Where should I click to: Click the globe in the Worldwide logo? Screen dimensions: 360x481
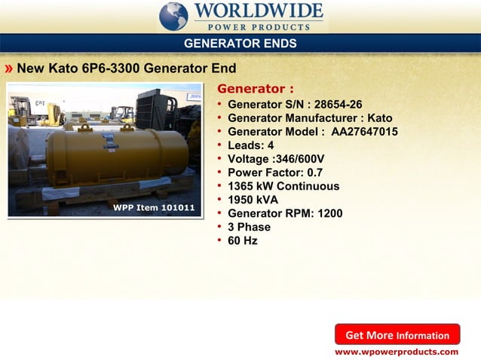coord(174,16)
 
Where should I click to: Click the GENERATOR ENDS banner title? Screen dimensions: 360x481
coord(240,44)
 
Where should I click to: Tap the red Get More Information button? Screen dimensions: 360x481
coord(397,335)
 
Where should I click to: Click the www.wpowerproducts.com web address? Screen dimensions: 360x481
coord(397,352)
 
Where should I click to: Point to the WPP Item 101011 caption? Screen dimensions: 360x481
coord(154,207)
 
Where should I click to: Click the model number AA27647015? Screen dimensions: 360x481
coord(365,132)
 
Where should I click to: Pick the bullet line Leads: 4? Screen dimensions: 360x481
coord(250,145)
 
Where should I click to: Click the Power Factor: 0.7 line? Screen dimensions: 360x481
coord(274,172)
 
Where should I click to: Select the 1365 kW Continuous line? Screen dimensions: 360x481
coord(283,186)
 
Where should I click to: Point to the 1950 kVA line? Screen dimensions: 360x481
coord(253,200)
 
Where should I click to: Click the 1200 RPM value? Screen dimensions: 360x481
coord(330,213)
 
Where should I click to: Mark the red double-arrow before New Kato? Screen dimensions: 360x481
coord(8,69)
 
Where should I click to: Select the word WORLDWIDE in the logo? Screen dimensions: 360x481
coord(259,12)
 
